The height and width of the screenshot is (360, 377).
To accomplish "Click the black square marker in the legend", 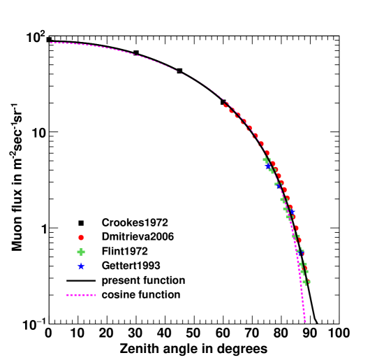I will coord(80,222).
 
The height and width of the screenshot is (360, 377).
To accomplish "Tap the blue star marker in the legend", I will coord(80,266).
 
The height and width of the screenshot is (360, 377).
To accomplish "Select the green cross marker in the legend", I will coord(80,252).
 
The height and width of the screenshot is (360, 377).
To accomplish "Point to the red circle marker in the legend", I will coord(80,237).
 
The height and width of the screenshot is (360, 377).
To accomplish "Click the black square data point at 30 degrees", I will coord(136,53).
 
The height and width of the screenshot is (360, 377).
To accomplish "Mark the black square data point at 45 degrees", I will coord(179,71).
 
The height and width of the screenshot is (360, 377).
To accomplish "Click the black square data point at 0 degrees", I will coord(49,40).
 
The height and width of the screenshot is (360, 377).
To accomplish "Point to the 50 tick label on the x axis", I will coord(193,333).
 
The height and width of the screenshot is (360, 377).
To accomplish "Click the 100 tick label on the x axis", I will coord(339,333).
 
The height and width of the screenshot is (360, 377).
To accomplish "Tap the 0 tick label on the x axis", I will coord(48,333).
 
